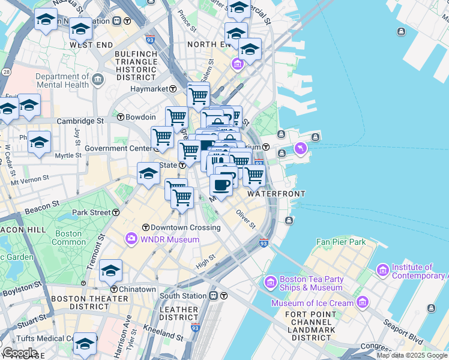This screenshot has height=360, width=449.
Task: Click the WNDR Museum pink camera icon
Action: coord(131,239)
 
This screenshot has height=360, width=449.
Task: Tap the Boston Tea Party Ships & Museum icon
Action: coord(270,281)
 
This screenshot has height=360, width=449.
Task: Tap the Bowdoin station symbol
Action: coord(121,117)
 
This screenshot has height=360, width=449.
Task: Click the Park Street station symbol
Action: coord(115,212)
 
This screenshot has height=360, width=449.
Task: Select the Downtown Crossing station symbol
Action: coord(145,227)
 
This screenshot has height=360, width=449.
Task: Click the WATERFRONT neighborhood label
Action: coord(276,194)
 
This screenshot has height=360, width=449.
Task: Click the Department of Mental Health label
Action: coord(62,80)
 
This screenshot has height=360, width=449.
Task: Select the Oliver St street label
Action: coord(246,219)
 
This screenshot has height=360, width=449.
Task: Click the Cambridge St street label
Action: coord(80,121)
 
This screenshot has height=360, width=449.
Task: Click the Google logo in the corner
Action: coord(19,353)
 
